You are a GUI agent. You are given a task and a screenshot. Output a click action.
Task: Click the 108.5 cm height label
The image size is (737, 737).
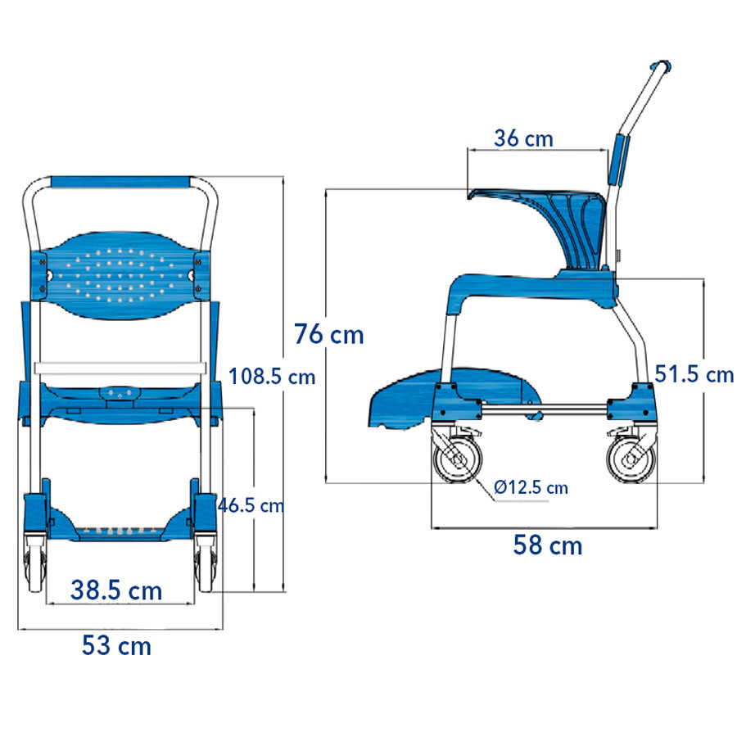click(272, 377)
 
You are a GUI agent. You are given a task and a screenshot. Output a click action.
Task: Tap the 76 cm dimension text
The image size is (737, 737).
click(329, 334)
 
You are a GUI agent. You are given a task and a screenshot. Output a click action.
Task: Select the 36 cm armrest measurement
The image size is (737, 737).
click(523, 138)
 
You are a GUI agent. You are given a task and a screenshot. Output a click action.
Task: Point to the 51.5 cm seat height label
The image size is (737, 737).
click(694, 374)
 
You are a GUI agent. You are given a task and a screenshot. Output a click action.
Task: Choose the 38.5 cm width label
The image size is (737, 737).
click(116, 590)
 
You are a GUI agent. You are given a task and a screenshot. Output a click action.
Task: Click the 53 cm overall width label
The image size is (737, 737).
click(117, 646)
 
